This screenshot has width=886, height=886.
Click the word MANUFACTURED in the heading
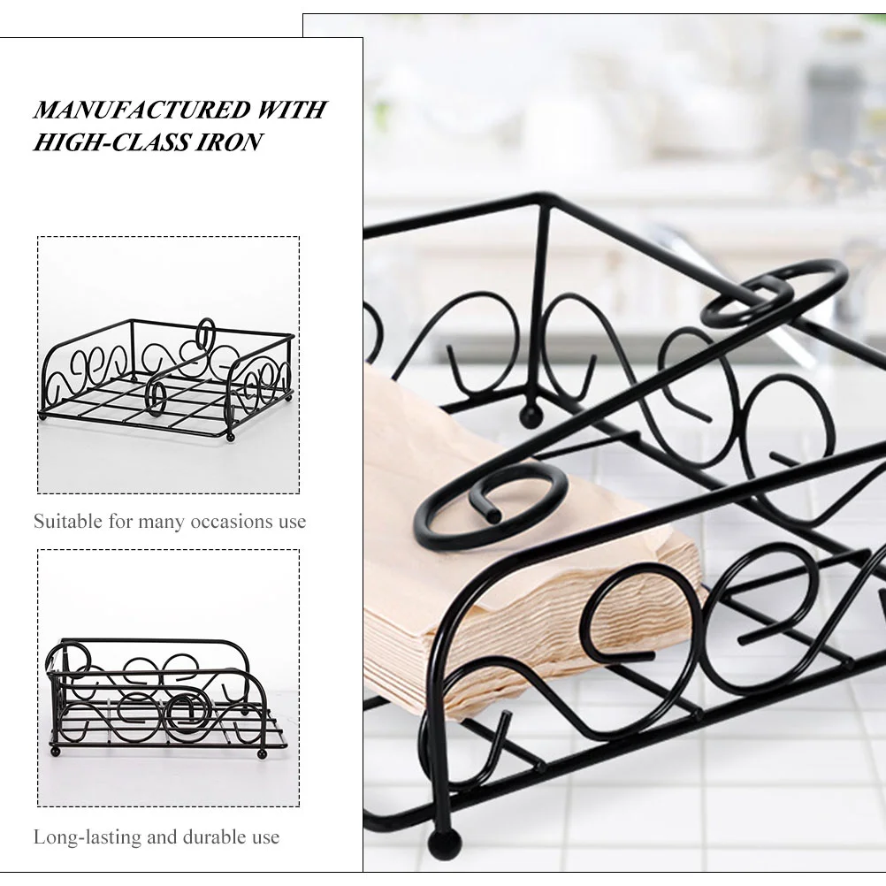[x=142, y=110]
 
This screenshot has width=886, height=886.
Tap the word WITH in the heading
[x=292, y=110]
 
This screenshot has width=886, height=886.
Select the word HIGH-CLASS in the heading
[x=111, y=141]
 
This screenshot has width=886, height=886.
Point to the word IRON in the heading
[x=229, y=141]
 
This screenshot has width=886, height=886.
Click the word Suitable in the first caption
[x=68, y=521]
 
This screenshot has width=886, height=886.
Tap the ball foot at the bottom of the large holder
[x=444, y=843]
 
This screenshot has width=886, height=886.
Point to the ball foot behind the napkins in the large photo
[x=531, y=416]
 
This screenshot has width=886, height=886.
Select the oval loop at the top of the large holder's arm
[x=774, y=293]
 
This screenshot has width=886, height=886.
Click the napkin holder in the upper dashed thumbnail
[x=168, y=379]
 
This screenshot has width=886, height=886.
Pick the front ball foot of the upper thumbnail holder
[x=229, y=438]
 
